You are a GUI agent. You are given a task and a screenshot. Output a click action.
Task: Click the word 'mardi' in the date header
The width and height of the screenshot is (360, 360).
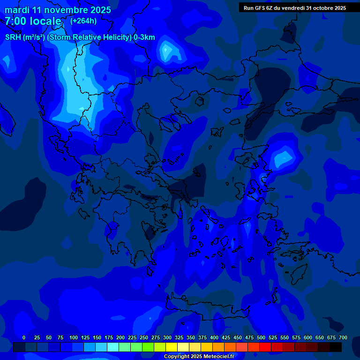point(17,10)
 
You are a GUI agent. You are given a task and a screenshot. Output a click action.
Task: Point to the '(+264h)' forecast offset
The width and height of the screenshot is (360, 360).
point(83,21)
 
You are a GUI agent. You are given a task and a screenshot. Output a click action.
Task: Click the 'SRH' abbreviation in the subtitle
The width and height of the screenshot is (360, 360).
point(13,37)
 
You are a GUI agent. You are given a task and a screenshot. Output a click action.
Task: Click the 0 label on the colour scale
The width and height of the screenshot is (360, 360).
point(24,337)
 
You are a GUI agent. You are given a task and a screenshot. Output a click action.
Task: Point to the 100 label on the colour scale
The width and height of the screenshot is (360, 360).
point(74,337)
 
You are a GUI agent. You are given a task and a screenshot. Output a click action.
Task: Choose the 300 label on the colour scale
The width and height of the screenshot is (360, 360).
point(167,337)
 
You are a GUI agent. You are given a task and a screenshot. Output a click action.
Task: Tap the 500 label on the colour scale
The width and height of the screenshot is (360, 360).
point(261,337)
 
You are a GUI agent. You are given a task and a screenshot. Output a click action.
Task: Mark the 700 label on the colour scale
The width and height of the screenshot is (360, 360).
point(343,337)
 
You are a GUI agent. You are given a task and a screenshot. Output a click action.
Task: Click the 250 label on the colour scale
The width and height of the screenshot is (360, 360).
point(144,337)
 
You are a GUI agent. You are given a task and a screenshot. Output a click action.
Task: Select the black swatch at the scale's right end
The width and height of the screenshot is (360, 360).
point(336,347)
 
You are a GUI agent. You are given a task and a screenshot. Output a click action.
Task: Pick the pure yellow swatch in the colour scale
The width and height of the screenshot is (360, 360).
point(172,347)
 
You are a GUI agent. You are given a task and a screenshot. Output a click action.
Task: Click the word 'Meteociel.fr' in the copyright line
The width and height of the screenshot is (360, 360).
point(217,356)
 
